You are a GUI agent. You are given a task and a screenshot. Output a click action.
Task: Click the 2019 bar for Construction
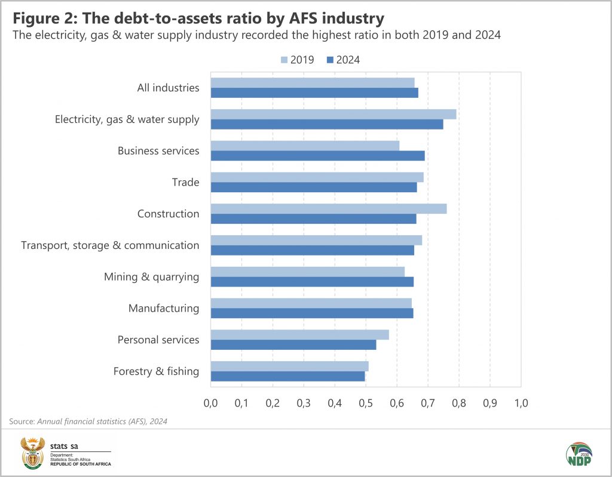click(328, 208)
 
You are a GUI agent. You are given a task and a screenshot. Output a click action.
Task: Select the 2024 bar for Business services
click(317, 156)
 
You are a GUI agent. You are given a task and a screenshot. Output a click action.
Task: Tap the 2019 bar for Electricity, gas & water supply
click(333, 114)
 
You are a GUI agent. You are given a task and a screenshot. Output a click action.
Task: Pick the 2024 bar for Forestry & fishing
click(287, 376)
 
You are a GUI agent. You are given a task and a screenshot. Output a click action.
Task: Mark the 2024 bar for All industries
click(314, 93)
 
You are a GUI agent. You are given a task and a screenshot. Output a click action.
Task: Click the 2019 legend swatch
click(284, 60)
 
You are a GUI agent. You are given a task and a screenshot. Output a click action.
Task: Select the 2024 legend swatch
click(330, 60)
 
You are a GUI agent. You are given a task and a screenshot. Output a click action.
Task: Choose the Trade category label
click(185, 182)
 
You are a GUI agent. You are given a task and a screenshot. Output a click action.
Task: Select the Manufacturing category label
click(164, 308)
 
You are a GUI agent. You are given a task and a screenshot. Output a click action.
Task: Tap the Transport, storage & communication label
click(110, 245)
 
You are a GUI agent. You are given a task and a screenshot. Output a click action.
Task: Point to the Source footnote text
click(88, 421)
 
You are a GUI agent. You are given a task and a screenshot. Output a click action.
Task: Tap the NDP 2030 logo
click(578, 454)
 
